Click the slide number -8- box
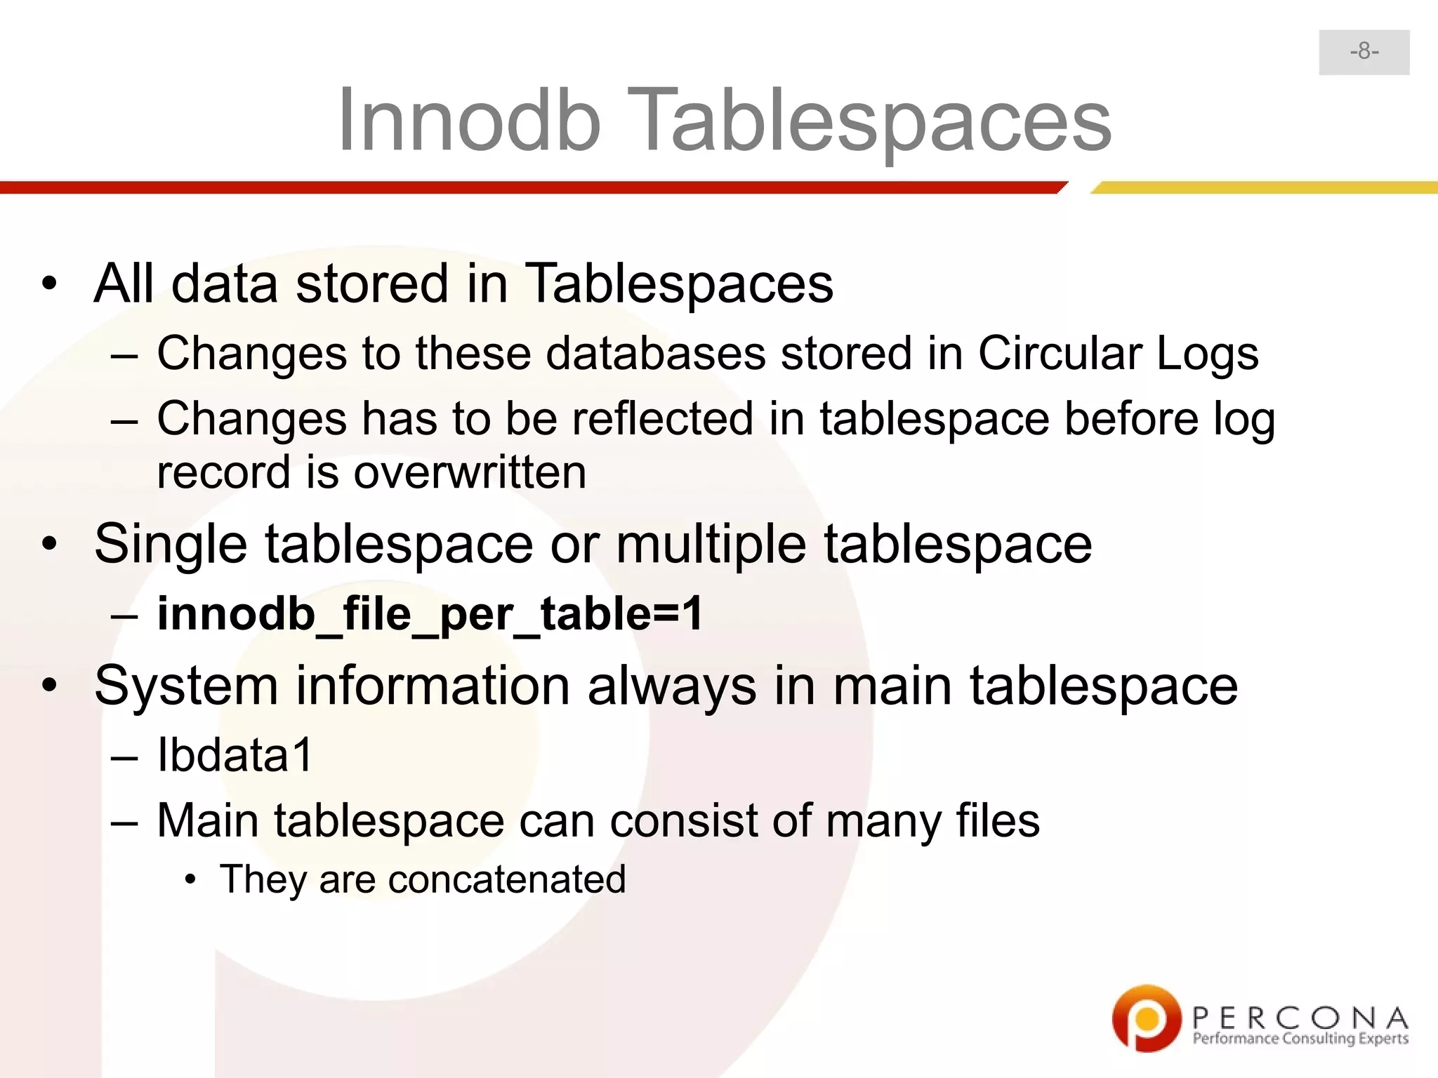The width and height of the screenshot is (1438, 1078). tap(1364, 52)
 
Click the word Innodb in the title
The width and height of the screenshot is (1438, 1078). tap(469, 121)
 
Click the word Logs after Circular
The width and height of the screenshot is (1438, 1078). tap(1207, 353)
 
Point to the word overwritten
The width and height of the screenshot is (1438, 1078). tap(470, 472)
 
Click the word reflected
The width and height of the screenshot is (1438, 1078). tap(663, 419)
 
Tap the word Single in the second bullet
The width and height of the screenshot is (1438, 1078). tap(171, 545)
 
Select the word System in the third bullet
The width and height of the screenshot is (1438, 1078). tap(186, 686)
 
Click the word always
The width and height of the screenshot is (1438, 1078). tap(672, 686)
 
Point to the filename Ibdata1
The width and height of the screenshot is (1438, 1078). tap(235, 756)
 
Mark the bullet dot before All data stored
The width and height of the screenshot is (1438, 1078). tap(48, 284)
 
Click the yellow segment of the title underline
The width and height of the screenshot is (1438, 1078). tap(1264, 187)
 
